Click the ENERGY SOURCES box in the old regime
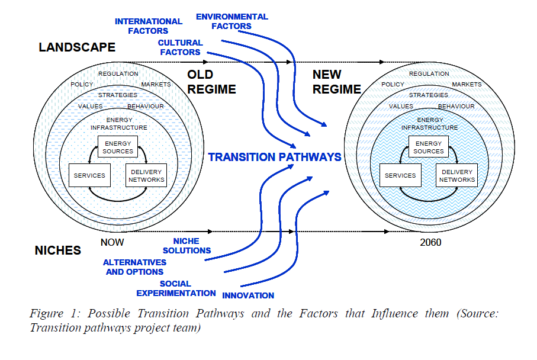pos(118,147)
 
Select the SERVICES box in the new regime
pos(400,176)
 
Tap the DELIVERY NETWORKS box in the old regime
pos(146,176)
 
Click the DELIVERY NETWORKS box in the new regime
pos(456,176)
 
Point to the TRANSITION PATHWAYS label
pos(275,157)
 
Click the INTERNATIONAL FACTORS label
pos(142,26)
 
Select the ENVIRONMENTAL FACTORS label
pos(232,21)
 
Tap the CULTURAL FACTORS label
pos(180,47)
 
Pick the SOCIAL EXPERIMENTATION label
pos(176,288)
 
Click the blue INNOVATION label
pos(248,295)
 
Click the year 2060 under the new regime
pos(429,242)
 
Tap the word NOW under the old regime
pos(112,242)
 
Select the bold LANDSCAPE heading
pos(77,47)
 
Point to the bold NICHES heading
pos(58,250)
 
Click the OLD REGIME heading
pos(211,82)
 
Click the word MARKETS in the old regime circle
pos(156,85)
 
